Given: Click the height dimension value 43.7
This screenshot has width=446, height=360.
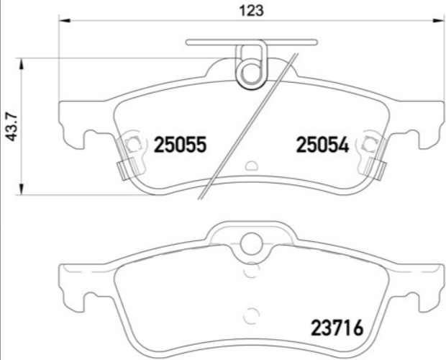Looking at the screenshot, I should (x=11, y=127).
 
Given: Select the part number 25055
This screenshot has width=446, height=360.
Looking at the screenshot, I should (x=181, y=145).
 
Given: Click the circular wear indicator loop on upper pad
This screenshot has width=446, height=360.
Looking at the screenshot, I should (x=250, y=72).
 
